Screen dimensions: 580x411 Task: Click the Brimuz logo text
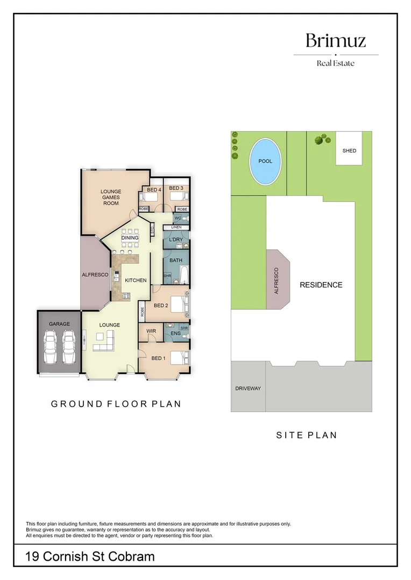[335, 41]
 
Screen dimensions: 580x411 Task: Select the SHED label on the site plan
[349, 151]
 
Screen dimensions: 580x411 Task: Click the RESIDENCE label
[321, 285]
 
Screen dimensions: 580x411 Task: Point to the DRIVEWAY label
[248, 388]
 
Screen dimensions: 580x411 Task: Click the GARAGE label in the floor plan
[59, 324]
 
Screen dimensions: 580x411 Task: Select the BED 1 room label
[159, 358]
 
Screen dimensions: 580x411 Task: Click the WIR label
[151, 331]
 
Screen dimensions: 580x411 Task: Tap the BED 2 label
[161, 306]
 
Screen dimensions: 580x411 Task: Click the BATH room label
[176, 260]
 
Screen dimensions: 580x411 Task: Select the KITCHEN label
[136, 280]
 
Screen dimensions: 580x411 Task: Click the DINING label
[130, 238]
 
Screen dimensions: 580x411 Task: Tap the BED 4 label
[154, 190]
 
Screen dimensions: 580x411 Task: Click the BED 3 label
[176, 188]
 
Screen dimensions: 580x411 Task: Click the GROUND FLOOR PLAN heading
[116, 404]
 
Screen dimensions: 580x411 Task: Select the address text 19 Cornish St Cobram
[90, 556]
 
